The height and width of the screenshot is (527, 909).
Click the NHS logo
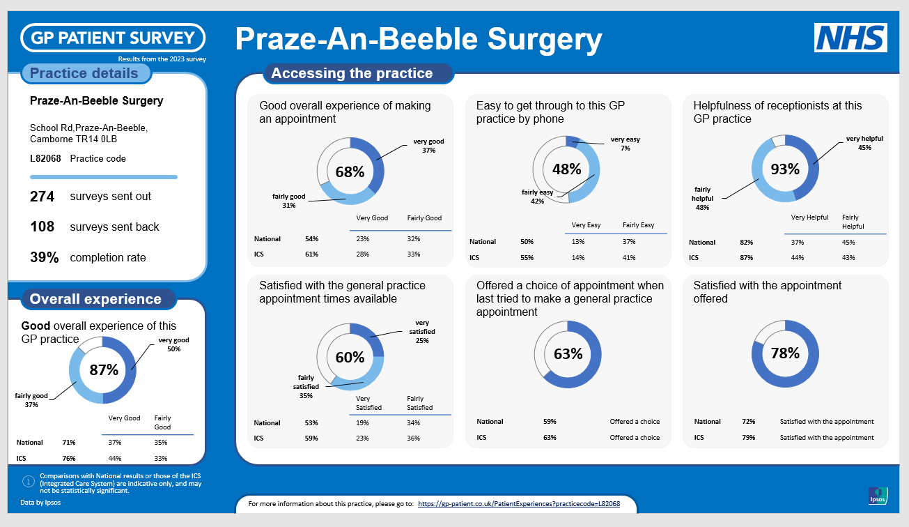click(x=850, y=38)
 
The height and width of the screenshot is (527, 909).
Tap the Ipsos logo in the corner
click(x=878, y=495)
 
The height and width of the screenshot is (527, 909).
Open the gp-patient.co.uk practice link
click(x=518, y=503)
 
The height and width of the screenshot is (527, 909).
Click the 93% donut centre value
click(x=785, y=169)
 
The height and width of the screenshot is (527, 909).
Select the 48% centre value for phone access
click(x=566, y=169)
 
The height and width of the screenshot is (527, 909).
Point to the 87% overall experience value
click(x=104, y=369)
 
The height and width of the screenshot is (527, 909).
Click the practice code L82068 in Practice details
click(x=45, y=158)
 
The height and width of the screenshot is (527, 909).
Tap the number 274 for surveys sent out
click(x=42, y=197)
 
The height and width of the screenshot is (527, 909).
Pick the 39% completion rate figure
click(x=44, y=257)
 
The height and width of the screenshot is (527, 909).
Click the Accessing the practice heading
click(x=352, y=73)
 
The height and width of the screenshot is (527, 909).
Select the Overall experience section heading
click(x=95, y=299)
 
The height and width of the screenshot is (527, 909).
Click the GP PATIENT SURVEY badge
click(x=113, y=38)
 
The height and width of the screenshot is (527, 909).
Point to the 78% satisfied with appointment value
click(x=785, y=353)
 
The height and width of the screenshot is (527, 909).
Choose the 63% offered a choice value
click(x=568, y=353)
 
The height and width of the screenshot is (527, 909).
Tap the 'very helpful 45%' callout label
click(x=864, y=142)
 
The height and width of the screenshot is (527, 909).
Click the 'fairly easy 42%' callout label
click(x=537, y=197)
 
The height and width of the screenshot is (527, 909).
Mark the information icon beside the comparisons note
click(x=29, y=481)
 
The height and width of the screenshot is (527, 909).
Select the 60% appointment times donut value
click(x=350, y=357)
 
